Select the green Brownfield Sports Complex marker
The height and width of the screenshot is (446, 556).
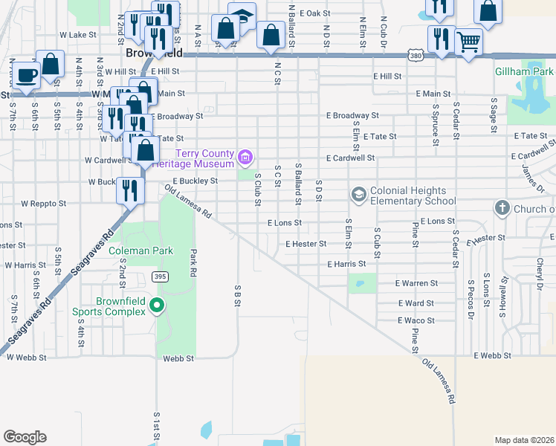(157, 305)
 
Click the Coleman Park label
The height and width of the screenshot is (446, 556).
(140, 251)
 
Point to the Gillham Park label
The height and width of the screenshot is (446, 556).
(525, 72)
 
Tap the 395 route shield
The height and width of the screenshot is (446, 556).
(159, 277)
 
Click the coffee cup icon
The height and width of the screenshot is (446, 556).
(27, 76)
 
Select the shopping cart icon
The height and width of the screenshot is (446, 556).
(468, 42)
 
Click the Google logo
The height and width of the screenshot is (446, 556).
(25, 437)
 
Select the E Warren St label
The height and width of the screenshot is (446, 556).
(416, 283)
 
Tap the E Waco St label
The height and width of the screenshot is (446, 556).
(415, 320)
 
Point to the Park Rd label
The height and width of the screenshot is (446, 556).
(193, 262)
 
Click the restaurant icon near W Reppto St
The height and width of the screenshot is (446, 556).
(130, 190)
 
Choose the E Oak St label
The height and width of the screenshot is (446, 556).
(314, 13)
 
